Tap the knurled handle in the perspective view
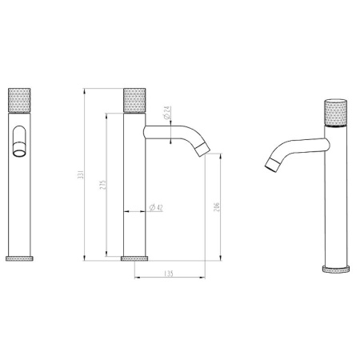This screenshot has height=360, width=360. (x=334, y=113)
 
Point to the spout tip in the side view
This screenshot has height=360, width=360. (x=205, y=149)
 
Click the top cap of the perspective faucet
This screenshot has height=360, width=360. (x=334, y=102)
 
